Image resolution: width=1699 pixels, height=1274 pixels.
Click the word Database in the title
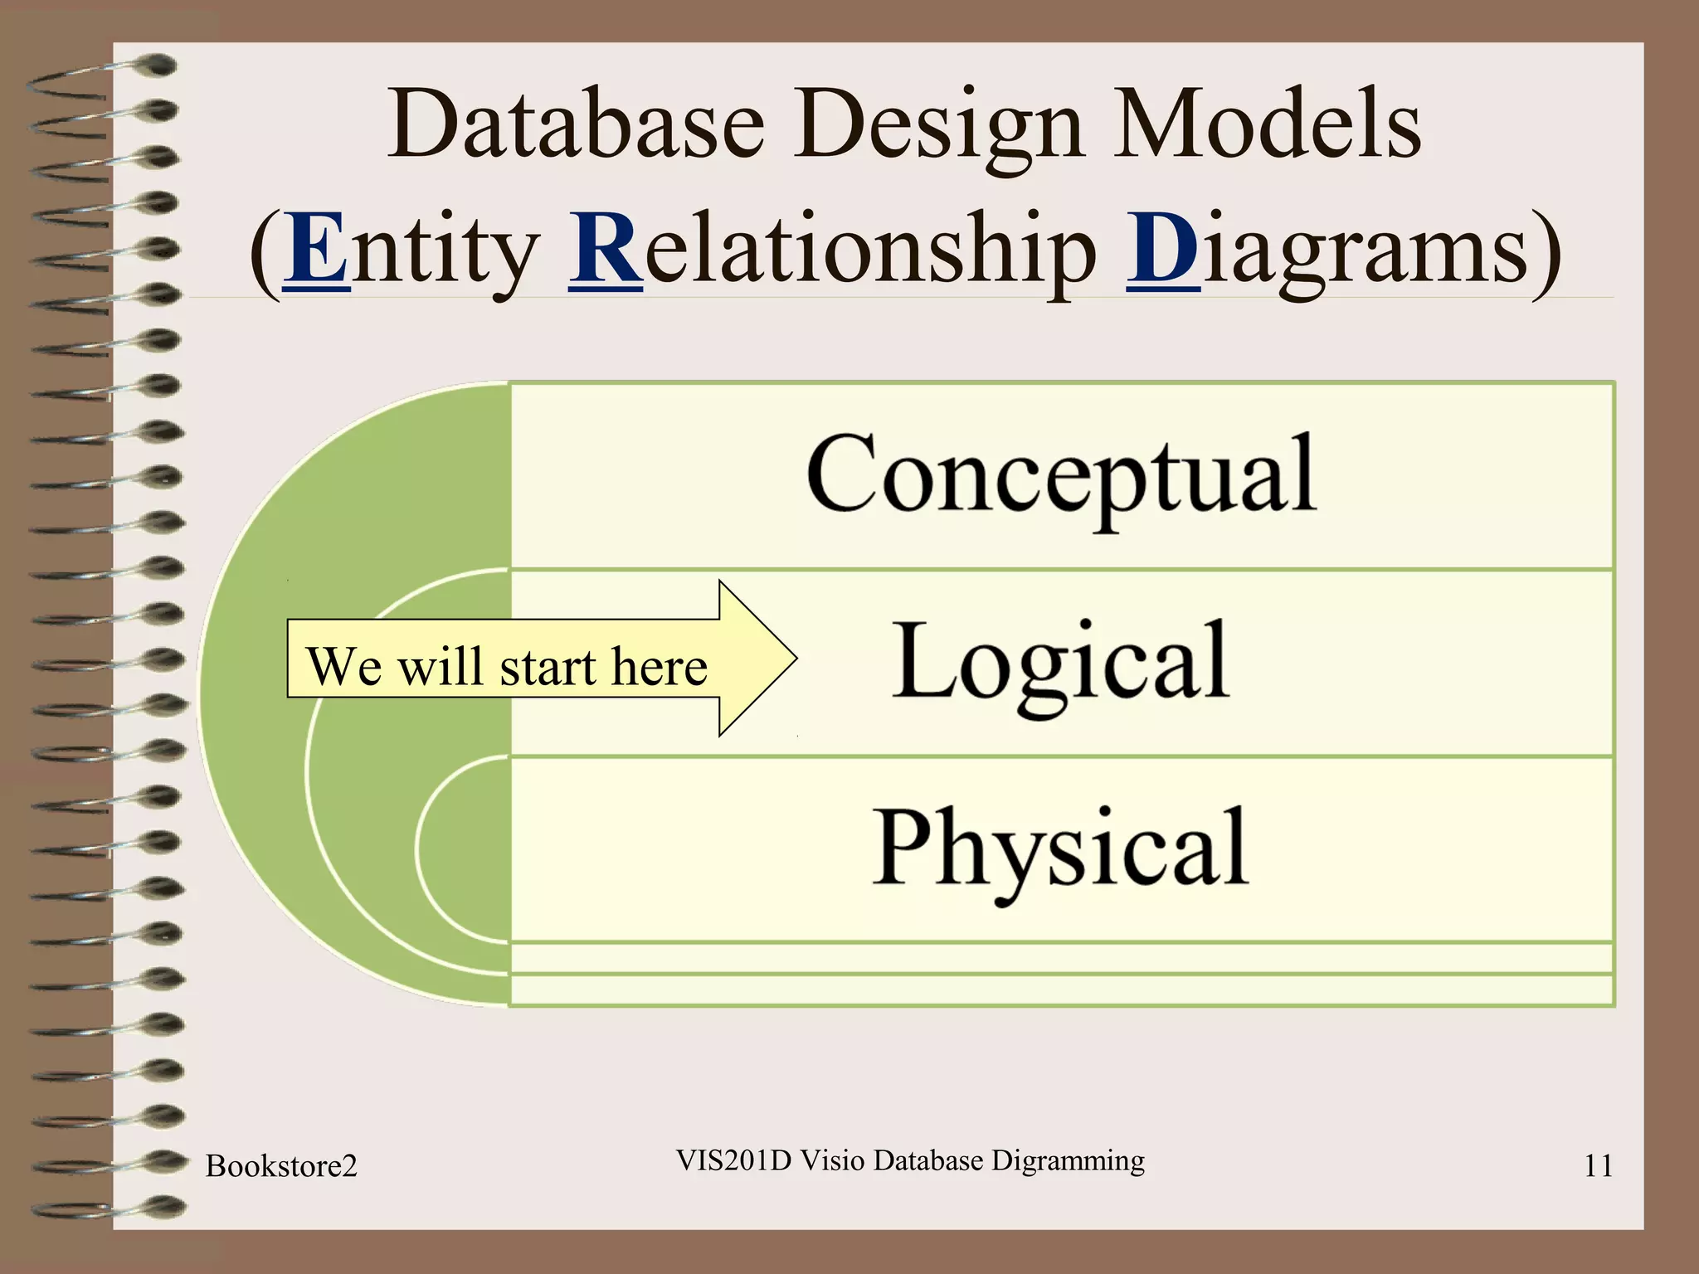pos(576,126)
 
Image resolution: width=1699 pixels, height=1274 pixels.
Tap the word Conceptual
pos(1061,475)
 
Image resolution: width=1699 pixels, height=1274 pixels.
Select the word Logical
pos(1061,663)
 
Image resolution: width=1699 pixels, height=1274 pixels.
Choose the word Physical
pos(1061,849)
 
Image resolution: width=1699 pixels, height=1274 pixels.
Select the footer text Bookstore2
pos(281,1166)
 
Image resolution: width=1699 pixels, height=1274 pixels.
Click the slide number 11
pos(1598,1166)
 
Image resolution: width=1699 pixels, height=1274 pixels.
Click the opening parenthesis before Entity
pos(265,253)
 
